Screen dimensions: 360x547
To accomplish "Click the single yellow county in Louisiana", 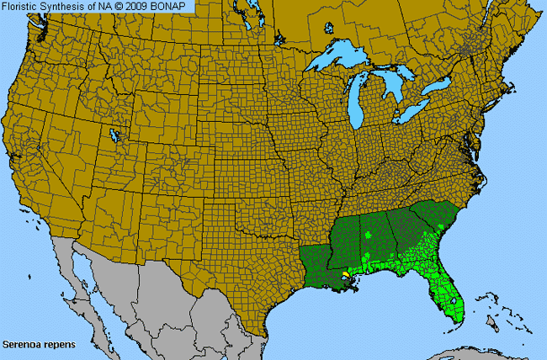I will coord(345,274).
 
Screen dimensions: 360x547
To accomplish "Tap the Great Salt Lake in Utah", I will coord(114,135).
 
